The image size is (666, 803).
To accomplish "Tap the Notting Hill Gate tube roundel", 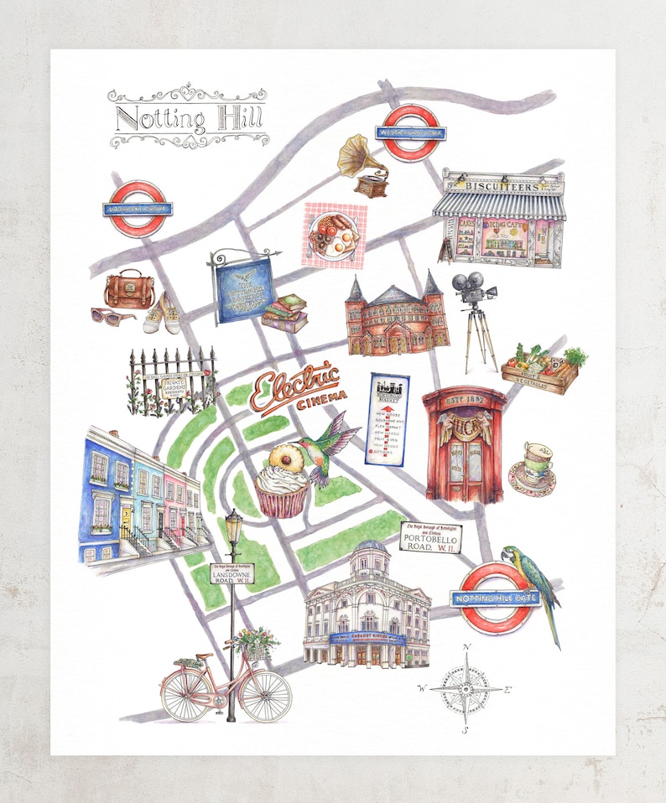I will click(497, 597).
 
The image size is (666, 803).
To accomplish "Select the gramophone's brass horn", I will click(355, 154).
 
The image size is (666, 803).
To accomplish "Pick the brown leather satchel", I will click(129, 289).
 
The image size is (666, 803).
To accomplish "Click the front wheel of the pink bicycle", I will click(264, 694).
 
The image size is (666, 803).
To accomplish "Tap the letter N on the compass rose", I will click(467, 646).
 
